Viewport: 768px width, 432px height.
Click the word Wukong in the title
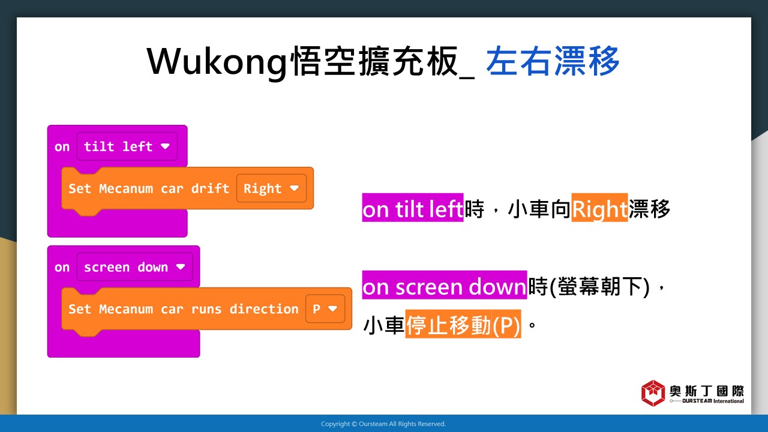click(217, 62)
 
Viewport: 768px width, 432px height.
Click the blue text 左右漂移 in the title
click(553, 61)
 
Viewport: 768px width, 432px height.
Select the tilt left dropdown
click(127, 146)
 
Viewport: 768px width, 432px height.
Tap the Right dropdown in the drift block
click(272, 188)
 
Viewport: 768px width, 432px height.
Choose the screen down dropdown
click(135, 267)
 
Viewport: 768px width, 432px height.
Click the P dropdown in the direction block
click(325, 309)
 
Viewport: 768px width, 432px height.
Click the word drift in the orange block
click(210, 188)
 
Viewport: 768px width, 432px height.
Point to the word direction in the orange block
click(264, 309)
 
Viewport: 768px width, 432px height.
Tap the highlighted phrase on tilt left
click(413, 208)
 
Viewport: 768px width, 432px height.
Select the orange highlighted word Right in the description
click(599, 208)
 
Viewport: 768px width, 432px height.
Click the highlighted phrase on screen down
click(445, 285)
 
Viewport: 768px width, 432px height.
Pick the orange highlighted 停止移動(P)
click(463, 324)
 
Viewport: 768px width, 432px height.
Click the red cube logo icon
click(653, 393)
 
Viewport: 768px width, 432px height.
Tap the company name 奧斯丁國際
click(707, 391)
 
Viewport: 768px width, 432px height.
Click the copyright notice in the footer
click(383, 424)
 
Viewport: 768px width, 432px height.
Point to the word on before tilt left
click(62, 147)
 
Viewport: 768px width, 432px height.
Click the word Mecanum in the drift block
click(126, 188)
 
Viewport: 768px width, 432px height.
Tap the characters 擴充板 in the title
click(409, 61)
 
